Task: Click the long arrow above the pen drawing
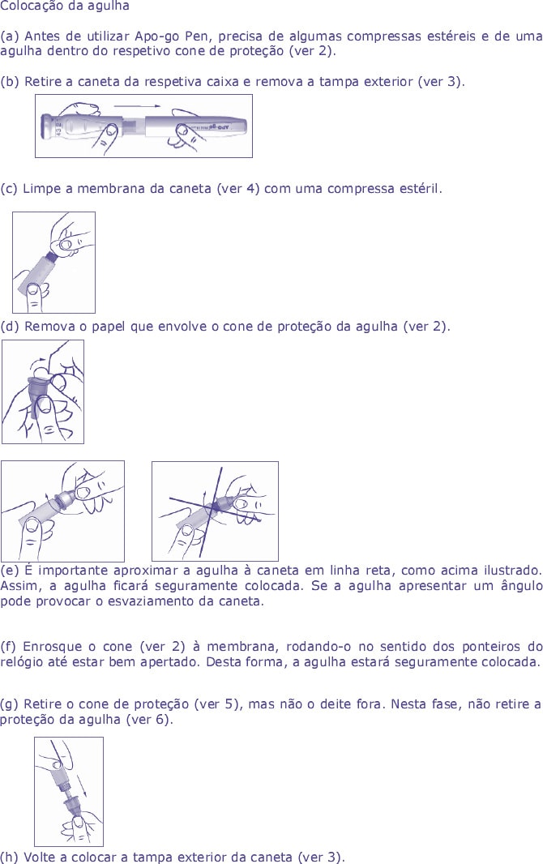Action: click(142, 105)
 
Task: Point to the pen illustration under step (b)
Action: click(143, 126)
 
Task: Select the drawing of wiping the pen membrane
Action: click(53, 263)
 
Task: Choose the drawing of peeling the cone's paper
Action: click(42, 391)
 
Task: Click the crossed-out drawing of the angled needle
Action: click(215, 511)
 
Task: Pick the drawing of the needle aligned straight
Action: click(62, 511)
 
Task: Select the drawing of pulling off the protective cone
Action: click(69, 791)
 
